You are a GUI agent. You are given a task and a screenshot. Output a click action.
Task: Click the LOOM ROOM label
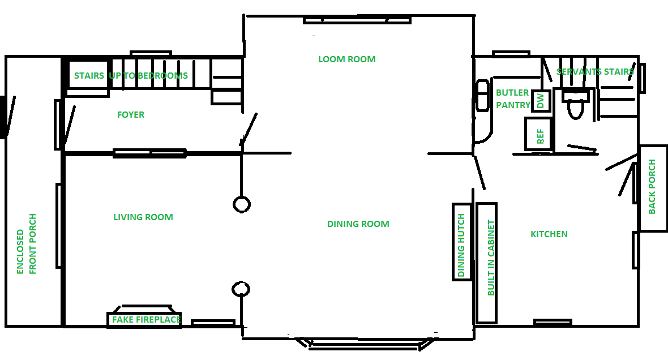(x=347, y=59)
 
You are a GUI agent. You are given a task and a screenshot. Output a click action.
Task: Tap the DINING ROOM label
(x=358, y=224)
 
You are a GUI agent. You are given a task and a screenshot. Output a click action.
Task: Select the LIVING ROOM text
(x=143, y=217)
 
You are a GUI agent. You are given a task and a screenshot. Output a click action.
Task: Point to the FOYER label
(x=131, y=114)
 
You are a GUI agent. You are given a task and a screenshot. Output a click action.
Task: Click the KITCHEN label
(x=549, y=234)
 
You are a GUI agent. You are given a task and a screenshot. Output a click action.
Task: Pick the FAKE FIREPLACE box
(x=144, y=319)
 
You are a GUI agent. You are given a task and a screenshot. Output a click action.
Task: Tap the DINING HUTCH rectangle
(x=462, y=242)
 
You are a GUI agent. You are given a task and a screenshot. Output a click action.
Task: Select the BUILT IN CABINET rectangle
(x=486, y=263)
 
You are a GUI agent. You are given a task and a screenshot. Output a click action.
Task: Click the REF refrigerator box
(x=538, y=134)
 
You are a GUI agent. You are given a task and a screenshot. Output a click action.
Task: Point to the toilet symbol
(x=576, y=104)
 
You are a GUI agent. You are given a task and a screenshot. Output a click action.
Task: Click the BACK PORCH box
(x=653, y=188)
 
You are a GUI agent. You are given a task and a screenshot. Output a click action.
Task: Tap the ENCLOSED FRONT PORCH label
(x=27, y=244)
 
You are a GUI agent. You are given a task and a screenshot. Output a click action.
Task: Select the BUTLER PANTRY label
(x=513, y=99)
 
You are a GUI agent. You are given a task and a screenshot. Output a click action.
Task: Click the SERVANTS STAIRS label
(x=595, y=71)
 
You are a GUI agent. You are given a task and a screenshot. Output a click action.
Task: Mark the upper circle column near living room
(x=242, y=204)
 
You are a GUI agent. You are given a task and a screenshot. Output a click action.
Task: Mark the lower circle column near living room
(x=241, y=289)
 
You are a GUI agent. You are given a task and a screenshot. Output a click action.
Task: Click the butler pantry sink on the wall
(x=482, y=96)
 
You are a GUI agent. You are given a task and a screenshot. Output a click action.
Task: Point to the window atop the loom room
(x=357, y=20)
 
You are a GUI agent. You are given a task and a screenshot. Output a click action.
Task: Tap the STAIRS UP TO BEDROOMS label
(x=131, y=75)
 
